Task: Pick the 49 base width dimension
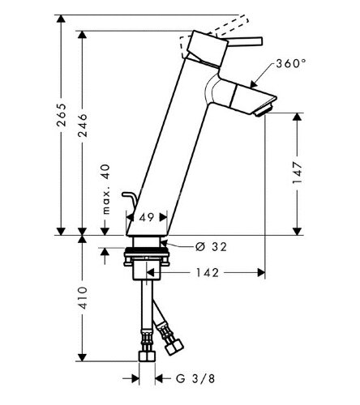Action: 146,216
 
